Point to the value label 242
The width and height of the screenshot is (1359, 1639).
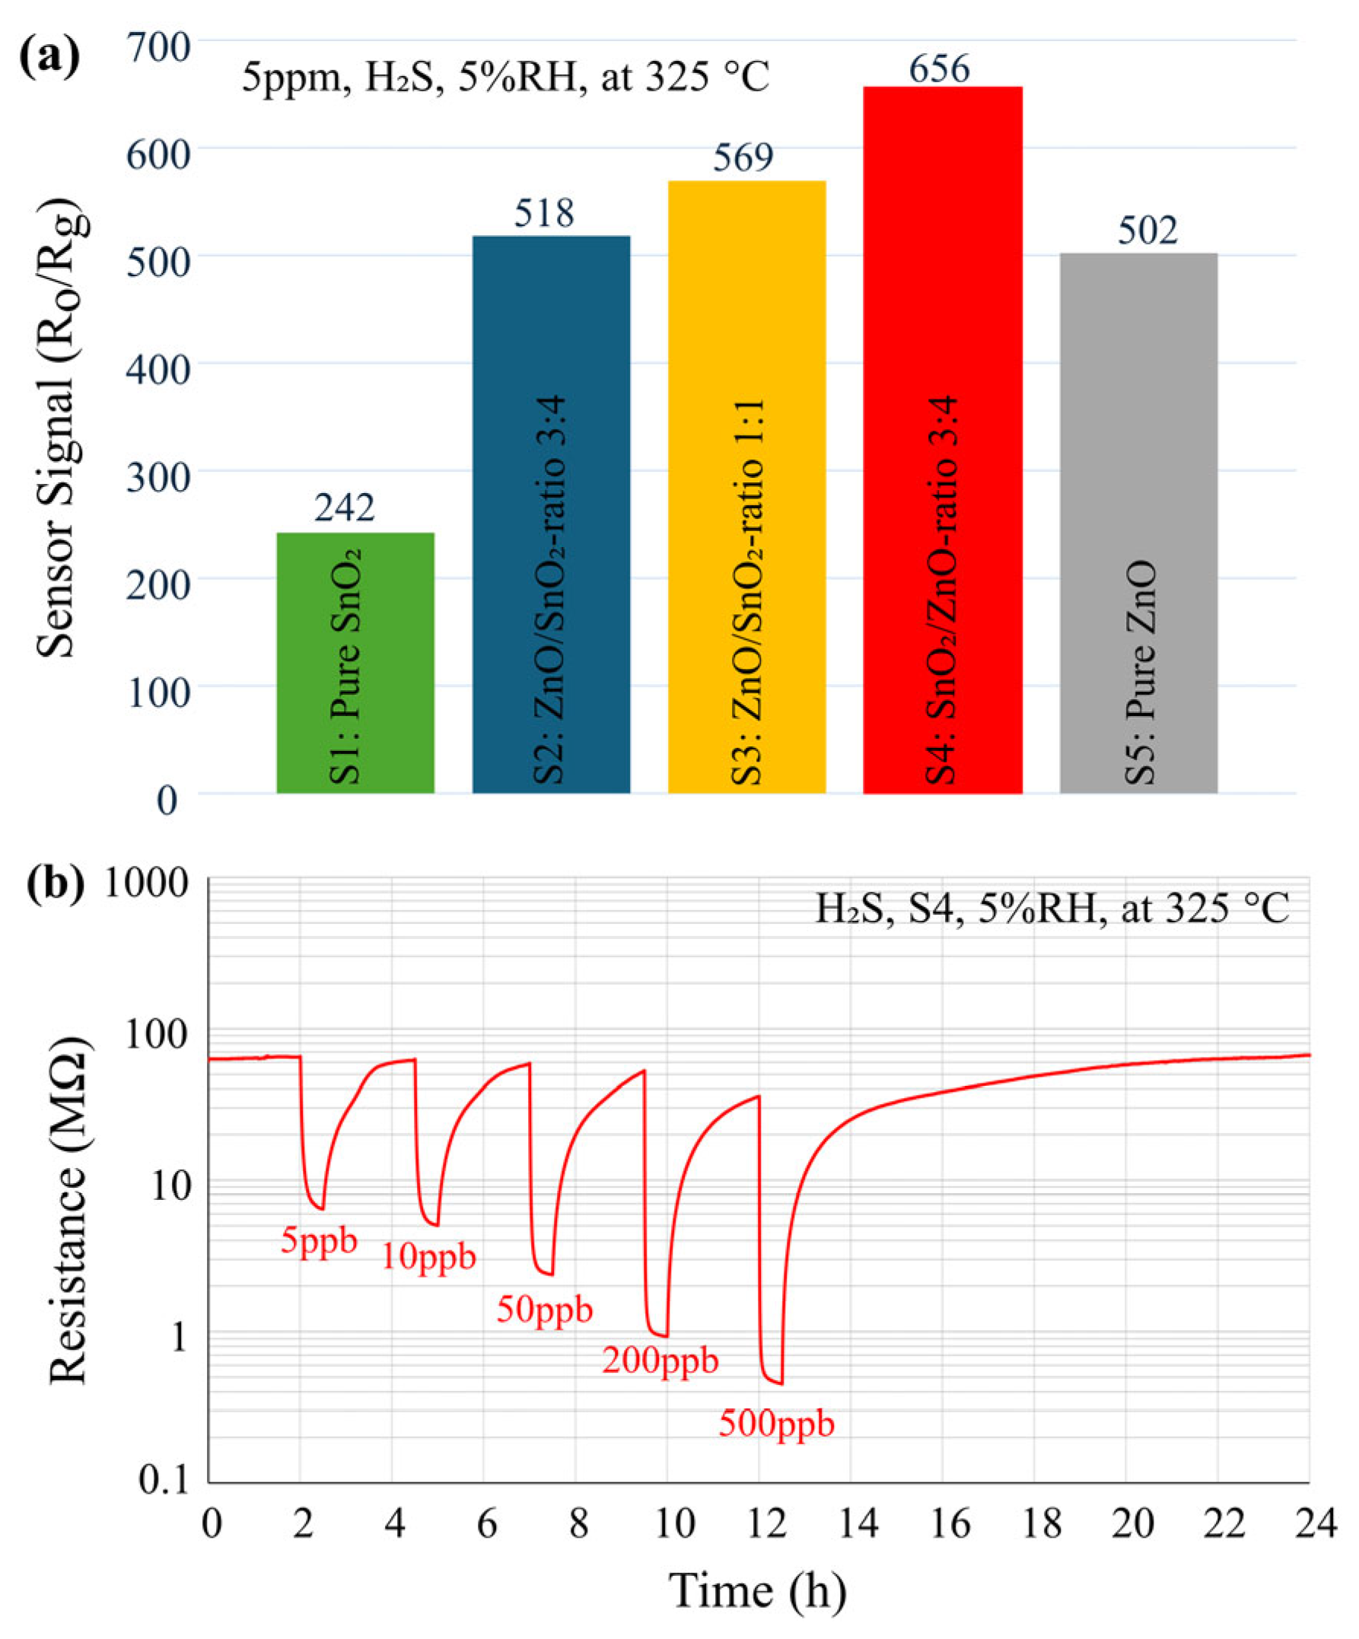[x=344, y=508]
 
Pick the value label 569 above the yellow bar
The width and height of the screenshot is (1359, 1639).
[x=743, y=157]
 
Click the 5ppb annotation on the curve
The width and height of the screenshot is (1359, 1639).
[x=319, y=1240]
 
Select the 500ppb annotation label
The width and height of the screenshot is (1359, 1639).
[x=776, y=1423]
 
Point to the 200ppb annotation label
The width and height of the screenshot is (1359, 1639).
[x=660, y=1361]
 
